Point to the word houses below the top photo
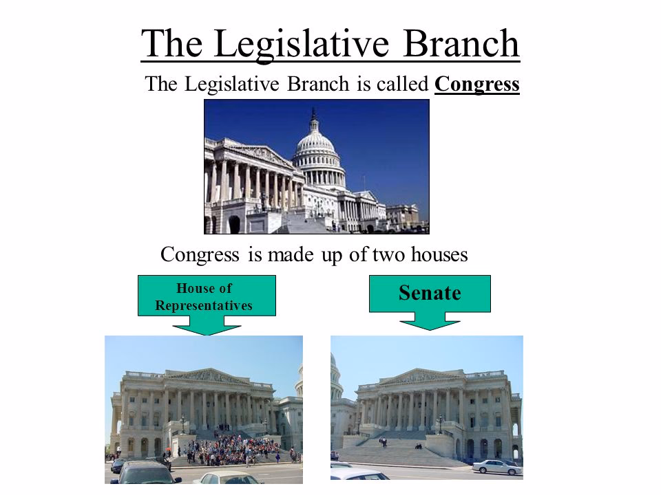[433, 255]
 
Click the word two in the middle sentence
[375, 255]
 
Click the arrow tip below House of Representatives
[207, 332]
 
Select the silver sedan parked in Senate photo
[497, 467]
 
